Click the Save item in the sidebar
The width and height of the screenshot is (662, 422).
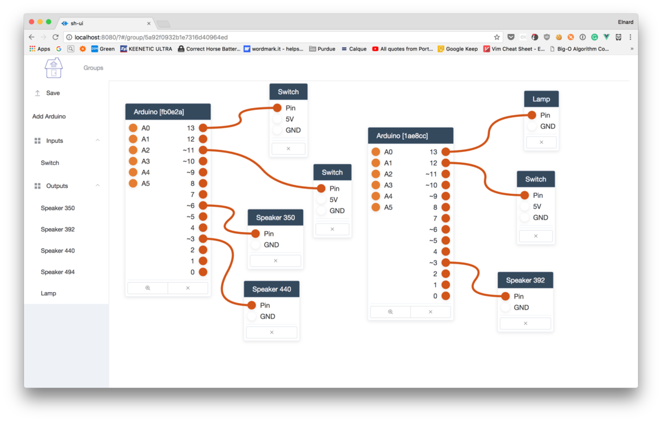click(52, 93)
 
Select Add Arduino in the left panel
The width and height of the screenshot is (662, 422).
click(49, 116)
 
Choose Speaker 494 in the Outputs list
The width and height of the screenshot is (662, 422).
click(58, 272)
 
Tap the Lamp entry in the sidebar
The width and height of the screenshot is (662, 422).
click(48, 293)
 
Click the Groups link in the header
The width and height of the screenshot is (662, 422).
click(93, 68)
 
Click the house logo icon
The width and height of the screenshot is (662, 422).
click(54, 68)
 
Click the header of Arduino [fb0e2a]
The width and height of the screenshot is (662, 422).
click(168, 112)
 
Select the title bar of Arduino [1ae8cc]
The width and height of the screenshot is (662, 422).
click(411, 136)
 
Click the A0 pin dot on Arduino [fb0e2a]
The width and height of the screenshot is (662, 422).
click(133, 128)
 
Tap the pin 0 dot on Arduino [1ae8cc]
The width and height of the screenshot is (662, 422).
click(445, 296)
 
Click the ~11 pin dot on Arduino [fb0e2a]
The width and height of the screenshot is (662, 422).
click(203, 150)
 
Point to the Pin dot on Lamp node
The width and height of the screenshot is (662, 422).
click(531, 115)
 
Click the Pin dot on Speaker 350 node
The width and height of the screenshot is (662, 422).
click(255, 234)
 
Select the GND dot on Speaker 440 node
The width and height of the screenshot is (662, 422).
click(251, 317)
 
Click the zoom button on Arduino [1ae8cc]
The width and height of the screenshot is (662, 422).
click(390, 312)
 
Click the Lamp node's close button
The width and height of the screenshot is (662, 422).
click(541, 142)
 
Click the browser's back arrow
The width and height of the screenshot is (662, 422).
click(32, 37)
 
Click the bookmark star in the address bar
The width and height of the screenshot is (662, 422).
click(496, 37)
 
